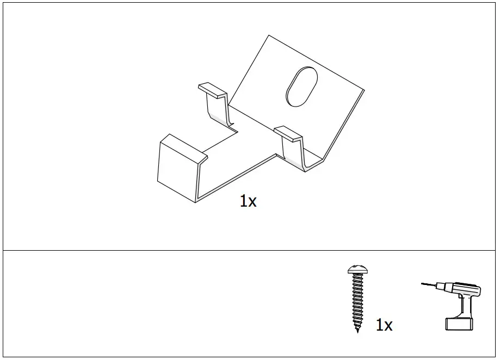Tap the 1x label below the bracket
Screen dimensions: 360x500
click(x=248, y=201)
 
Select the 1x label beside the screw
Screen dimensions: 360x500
click(x=384, y=325)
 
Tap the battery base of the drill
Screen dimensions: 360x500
click(x=460, y=324)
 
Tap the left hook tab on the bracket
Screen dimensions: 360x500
click(x=212, y=90)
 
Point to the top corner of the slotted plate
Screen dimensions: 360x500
click(x=268, y=35)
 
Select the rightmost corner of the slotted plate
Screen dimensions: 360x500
click(x=364, y=90)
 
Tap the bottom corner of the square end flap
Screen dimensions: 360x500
click(x=195, y=203)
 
